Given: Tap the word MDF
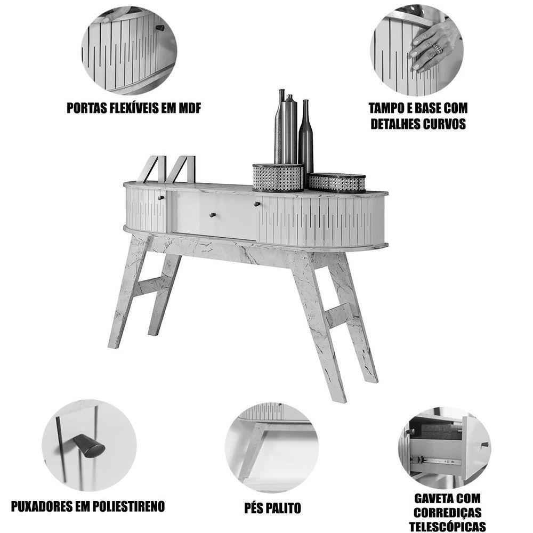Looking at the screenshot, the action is coord(189,108).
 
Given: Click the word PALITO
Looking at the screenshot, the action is coord(284,508).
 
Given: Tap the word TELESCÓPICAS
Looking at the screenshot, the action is coord(447,526).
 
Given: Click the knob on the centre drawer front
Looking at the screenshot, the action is coord(213,214).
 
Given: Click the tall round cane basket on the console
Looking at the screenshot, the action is coord(278,177).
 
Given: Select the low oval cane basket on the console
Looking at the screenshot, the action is coord(336,183).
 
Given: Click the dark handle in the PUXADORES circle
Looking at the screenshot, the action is coord(89,445).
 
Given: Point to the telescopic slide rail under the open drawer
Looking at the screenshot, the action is coord(435,461).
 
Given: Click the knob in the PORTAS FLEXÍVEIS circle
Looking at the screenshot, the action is coord(160,28).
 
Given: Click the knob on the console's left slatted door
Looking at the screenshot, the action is coord(160,198).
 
